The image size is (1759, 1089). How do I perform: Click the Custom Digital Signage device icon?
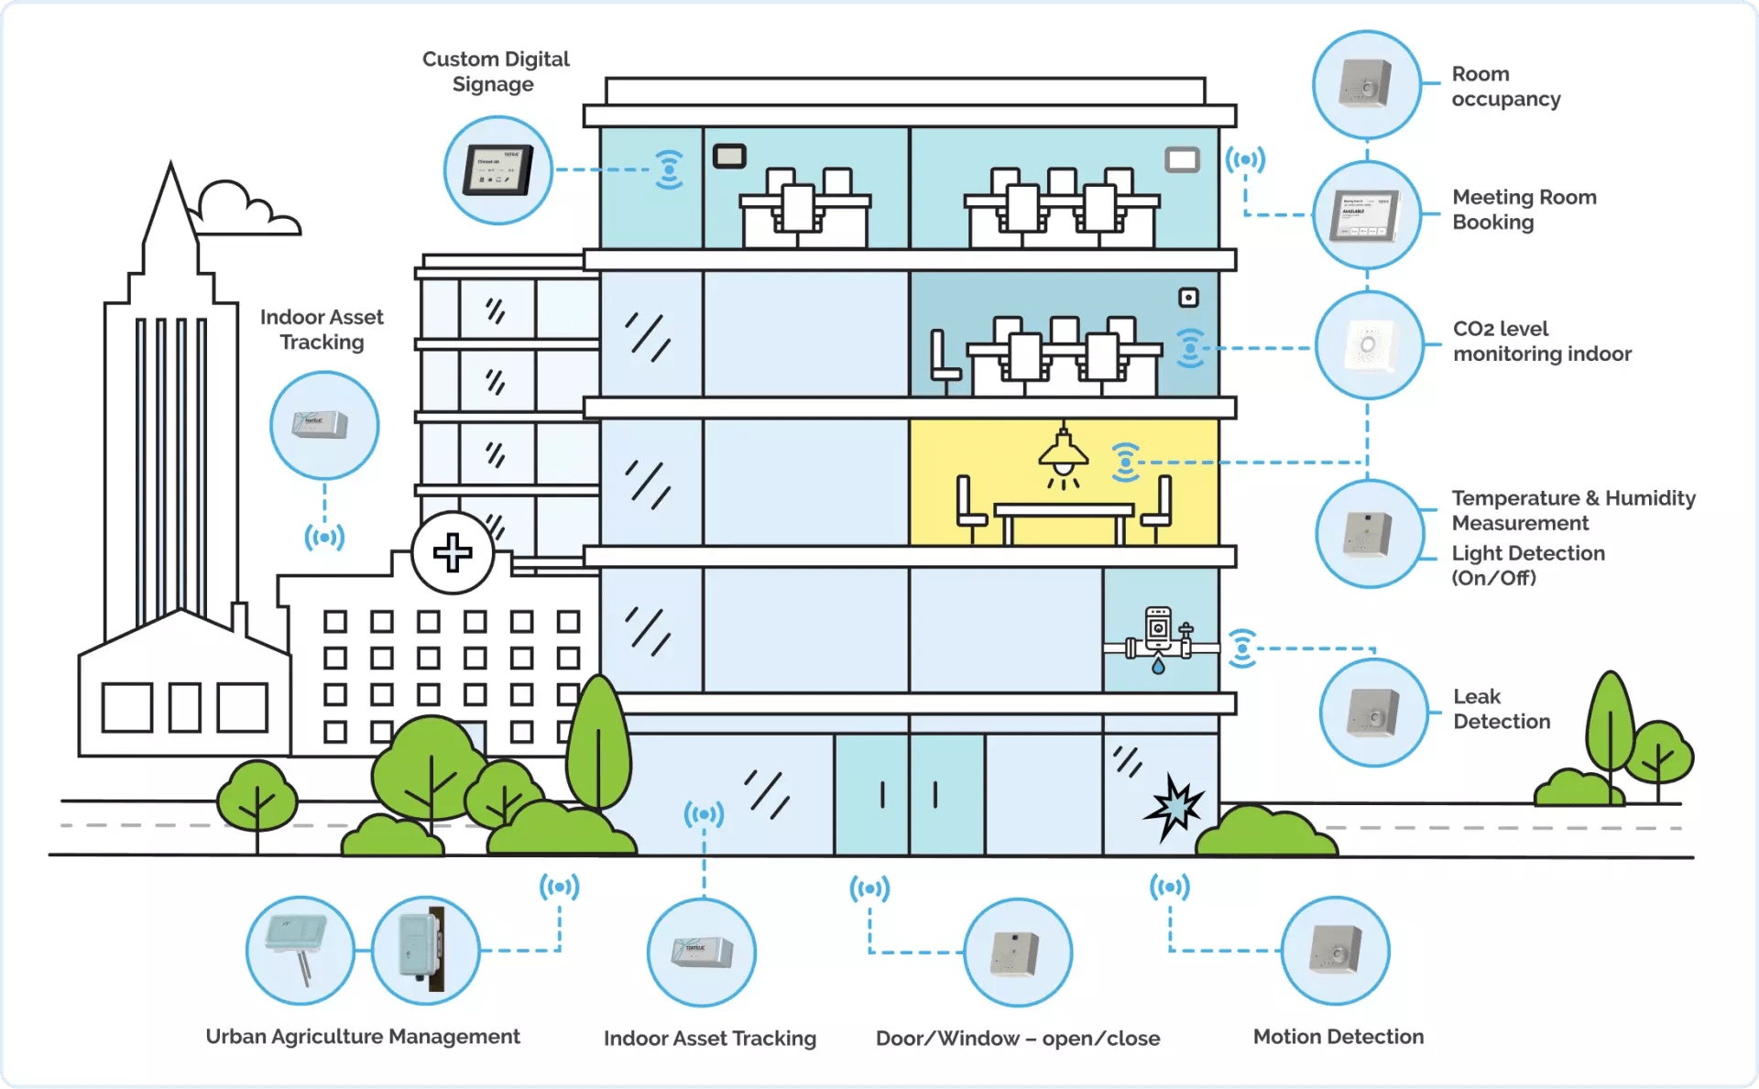[x=497, y=169]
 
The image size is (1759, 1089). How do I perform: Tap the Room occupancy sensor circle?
[x=1366, y=84]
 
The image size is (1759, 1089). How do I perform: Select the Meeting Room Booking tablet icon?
[x=1366, y=215]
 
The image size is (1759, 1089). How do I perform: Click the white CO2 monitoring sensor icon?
[x=1369, y=345]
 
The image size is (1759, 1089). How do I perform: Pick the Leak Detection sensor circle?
[x=1373, y=713]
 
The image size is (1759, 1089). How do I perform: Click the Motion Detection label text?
[x=1338, y=1037]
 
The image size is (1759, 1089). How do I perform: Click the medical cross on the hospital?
[x=453, y=552]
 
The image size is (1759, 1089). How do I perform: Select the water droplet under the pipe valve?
[x=1159, y=667]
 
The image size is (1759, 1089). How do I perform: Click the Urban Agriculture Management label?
[x=363, y=1037]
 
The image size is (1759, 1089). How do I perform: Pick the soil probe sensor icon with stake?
[x=300, y=951]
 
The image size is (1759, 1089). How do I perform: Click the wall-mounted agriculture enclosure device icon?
[x=424, y=951]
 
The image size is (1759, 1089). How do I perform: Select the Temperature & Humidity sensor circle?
[x=1369, y=534]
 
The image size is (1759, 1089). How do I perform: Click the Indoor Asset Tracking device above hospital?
[x=323, y=425]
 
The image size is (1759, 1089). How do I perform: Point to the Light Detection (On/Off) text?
[x=1527, y=565]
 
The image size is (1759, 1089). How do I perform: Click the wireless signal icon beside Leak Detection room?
[x=1241, y=648]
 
